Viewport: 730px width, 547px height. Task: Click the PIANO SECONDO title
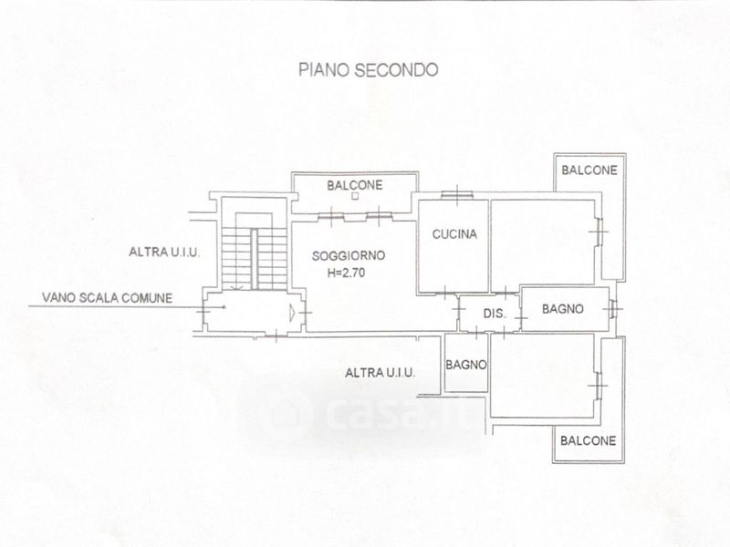pyautogui.click(x=369, y=68)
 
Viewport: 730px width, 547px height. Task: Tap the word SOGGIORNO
pyautogui.click(x=339, y=255)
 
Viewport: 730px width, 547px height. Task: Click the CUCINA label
pyautogui.click(x=454, y=235)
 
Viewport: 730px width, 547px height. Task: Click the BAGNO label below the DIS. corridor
pyautogui.click(x=466, y=366)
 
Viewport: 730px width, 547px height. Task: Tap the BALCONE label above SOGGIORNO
pyautogui.click(x=354, y=185)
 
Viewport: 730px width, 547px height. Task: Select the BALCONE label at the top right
pyautogui.click(x=589, y=170)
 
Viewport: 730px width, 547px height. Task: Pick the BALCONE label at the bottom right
pyautogui.click(x=588, y=440)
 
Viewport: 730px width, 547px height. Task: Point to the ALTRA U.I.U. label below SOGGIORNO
pyautogui.click(x=381, y=372)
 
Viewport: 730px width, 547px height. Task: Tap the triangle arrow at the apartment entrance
pyautogui.click(x=291, y=314)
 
